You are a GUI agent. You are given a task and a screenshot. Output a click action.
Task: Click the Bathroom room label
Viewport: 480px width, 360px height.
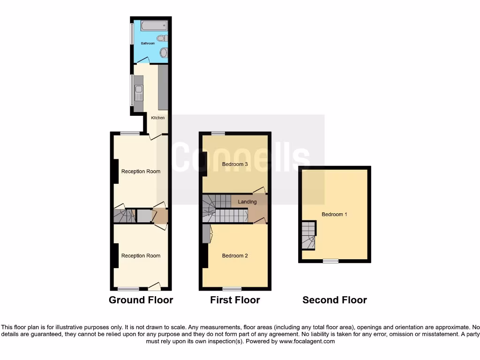coord(148,43)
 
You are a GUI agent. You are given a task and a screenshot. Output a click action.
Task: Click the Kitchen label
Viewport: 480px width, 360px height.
coord(157,118)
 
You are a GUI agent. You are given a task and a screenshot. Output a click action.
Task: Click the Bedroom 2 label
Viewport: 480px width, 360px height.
coord(235,255)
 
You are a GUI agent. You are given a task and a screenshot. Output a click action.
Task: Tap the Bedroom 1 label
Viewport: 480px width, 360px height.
coord(334,214)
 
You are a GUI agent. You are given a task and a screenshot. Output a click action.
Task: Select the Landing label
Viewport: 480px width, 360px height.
coord(247,202)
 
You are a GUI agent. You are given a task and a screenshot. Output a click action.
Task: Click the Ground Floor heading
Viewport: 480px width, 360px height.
coord(141,300)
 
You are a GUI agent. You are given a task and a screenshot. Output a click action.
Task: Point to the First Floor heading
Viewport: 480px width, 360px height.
coord(235,300)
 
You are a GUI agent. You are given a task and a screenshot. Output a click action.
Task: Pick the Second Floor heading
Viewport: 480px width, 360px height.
coord(334,300)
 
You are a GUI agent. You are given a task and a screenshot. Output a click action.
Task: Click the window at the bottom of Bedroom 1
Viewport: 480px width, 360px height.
coord(330,261)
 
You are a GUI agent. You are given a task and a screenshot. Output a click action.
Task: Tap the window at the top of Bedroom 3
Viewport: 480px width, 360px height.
coord(217,134)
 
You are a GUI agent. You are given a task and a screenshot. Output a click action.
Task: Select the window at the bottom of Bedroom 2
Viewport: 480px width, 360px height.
coord(232,288)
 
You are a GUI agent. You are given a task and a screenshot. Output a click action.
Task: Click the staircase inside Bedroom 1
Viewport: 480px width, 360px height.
coord(307,236)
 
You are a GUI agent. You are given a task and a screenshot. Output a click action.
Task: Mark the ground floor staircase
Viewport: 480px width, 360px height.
coord(124,216)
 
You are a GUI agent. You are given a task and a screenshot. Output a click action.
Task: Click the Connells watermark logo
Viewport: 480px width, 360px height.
coord(241,158)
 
